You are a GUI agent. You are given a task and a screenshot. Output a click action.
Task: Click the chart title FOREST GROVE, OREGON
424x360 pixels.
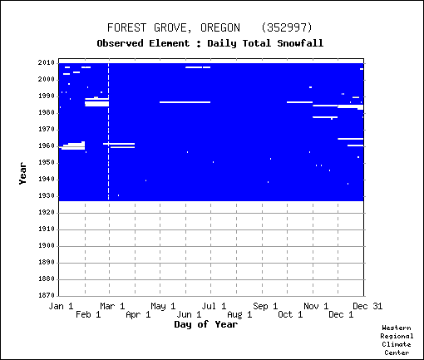pyautogui.click(x=174, y=28)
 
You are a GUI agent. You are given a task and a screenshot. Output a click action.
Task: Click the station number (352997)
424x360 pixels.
pyautogui.click(x=287, y=27)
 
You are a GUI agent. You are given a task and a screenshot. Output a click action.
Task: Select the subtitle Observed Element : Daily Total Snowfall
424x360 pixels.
pyautogui.click(x=210, y=43)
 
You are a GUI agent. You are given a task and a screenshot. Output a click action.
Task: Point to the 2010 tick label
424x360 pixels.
pyautogui.click(x=47, y=63)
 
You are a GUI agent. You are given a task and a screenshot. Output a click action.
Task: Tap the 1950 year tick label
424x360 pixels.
pyautogui.click(x=47, y=163)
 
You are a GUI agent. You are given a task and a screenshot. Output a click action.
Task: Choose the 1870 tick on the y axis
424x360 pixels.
pyautogui.click(x=47, y=295)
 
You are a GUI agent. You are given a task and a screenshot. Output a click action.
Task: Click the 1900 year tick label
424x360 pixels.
pyautogui.click(x=47, y=246)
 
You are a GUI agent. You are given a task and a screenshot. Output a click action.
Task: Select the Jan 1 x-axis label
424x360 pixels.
pyautogui.click(x=61, y=306)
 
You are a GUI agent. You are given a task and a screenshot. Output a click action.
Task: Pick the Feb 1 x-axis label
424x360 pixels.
pyautogui.click(x=88, y=315)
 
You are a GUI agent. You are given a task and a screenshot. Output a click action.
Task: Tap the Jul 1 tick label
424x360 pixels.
pyautogui.click(x=214, y=306)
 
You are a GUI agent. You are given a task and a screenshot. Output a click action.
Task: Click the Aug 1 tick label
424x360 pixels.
pyautogui.click(x=239, y=315)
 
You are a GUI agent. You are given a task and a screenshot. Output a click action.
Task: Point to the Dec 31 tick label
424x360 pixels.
pyautogui.click(x=367, y=306)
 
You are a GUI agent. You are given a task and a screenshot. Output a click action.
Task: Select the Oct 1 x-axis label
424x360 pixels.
pyautogui.click(x=290, y=315)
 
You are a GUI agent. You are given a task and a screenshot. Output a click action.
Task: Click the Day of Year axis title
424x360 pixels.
pyautogui.click(x=206, y=324)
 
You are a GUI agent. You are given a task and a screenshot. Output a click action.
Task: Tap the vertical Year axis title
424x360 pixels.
pyautogui.click(x=22, y=174)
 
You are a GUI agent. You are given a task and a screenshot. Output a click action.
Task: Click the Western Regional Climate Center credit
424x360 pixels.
pyautogui.click(x=397, y=340)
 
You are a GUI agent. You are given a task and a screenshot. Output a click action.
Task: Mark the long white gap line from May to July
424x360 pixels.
pyautogui.click(x=185, y=102)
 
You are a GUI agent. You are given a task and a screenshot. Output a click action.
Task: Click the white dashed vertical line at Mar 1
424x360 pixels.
pyautogui.click(x=108, y=131)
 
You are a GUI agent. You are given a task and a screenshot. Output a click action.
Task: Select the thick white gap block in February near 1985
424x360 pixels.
pyautogui.click(x=96, y=104)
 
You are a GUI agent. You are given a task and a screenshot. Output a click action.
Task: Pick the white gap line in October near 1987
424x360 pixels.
pyautogui.click(x=299, y=102)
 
